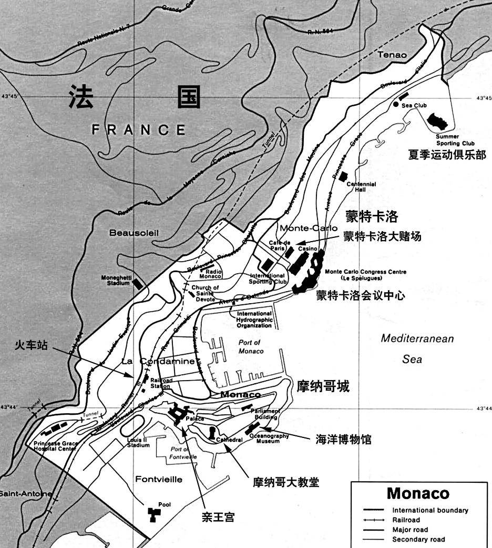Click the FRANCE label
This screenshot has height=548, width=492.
point(139,129)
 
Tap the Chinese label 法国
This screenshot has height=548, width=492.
point(135,97)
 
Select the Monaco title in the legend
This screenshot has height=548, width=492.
point(418,493)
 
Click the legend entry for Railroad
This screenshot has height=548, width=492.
point(406,520)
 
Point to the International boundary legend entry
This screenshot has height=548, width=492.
point(430,510)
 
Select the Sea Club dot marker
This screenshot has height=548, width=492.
point(396,105)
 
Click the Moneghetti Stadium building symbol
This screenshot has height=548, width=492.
point(138,284)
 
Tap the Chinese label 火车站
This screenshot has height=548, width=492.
point(31,345)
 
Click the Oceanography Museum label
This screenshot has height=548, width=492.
point(269,439)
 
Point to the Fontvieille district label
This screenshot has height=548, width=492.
point(159,479)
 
